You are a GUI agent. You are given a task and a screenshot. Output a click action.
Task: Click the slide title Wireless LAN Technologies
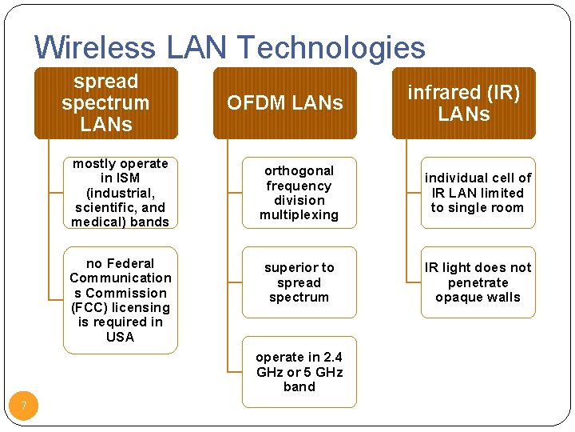pyautogui.click(x=230, y=48)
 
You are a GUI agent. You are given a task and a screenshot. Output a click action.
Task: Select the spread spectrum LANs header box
pyautogui.click(x=105, y=103)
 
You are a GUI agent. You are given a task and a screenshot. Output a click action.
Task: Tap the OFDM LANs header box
pyautogui.click(x=284, y=103)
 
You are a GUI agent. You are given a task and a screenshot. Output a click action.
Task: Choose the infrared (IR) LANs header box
pyautogui.click(x=463, y=103)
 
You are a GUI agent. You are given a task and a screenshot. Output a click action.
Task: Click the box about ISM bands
pyautogui.click(x=120, y=193)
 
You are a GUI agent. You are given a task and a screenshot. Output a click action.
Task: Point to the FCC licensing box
pyautogui.click(x=120, y=300)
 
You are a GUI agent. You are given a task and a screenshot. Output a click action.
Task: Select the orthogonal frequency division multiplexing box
pyautogui.click(x=299, y=193)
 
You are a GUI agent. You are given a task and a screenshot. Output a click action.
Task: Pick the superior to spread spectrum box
pyautogui.click(x=299, y=282)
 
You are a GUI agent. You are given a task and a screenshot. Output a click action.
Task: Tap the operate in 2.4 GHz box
pyautogui.click(x=299, y=372)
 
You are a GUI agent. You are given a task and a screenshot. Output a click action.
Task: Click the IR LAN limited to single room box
pyautogui.click(x=478, y=193)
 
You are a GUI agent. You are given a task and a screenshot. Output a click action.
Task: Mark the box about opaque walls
pyautogui.click(x=478, y=282)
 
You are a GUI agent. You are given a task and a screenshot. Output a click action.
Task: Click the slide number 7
pyautogui.click(x=24, y=406)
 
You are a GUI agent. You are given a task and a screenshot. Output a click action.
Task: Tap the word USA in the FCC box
pyautogui.click(x=120, y=337)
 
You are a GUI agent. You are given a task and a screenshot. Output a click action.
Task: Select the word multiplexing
pyautogui.click(x=299, y=215)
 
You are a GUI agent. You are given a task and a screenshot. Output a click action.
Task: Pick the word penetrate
pyautogui.click(x=478, y=282)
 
